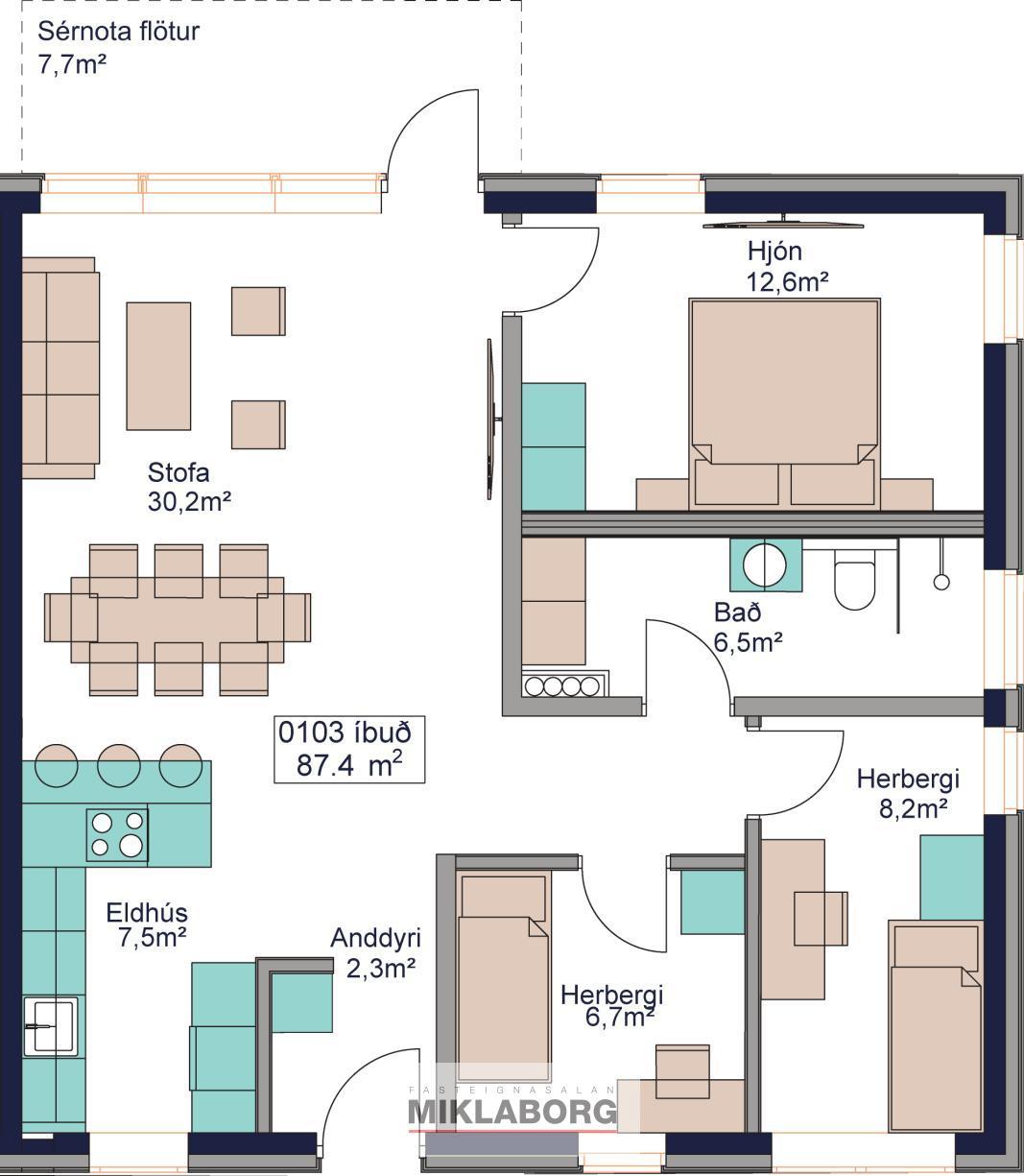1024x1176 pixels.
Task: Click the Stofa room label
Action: coord(179,472)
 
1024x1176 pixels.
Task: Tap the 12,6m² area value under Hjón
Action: coord(787,281)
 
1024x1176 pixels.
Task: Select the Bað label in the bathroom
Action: coord(737,612)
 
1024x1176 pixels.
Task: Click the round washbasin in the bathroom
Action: coord(764,565)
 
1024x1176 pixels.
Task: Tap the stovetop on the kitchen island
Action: coord(117,834)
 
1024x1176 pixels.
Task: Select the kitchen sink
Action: coord(51,1026)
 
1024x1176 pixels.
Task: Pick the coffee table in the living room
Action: coord(158,366)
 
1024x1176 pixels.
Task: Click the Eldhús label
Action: coord(147,913)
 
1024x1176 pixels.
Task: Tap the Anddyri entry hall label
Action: coord(375,938)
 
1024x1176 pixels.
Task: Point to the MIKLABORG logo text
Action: coord(512,1112)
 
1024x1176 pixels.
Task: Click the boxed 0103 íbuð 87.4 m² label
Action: coord(349,750)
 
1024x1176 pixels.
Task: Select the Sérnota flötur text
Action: coord(118,32)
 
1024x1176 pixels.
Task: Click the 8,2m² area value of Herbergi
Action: coord(913,808)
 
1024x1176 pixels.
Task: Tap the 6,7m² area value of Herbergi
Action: coord(619,1017)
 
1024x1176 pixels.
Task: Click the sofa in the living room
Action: coord(60,368)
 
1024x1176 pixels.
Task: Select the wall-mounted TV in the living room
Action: coord(491,419)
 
